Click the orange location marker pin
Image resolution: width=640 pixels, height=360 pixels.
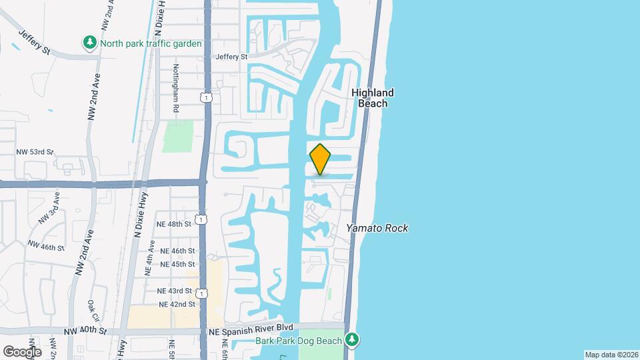(320, 159)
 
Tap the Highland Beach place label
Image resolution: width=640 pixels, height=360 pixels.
(373, 98)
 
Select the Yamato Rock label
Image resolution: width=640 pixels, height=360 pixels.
(377, 228)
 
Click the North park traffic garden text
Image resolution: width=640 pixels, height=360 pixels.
(151, 43)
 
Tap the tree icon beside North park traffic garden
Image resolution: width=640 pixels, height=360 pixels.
(89, 43)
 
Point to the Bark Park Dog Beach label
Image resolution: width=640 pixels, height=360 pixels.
(298, 341)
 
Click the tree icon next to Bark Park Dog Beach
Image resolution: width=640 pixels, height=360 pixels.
(353, 341)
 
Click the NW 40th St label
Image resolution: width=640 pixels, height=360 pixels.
(85, 331)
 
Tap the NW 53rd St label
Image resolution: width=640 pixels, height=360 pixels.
(34, 152)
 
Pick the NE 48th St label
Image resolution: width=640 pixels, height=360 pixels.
(173, 224)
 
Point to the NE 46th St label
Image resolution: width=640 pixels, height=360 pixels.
(177, 251)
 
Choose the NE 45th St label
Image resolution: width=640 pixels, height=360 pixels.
(177, 264)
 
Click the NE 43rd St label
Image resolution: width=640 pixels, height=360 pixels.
(174, 291)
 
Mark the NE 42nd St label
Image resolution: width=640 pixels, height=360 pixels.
(177, 304)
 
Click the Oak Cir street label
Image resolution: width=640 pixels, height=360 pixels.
(92, 311)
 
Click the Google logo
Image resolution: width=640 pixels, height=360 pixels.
(22, 351)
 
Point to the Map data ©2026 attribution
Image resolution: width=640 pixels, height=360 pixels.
(611, 355)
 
